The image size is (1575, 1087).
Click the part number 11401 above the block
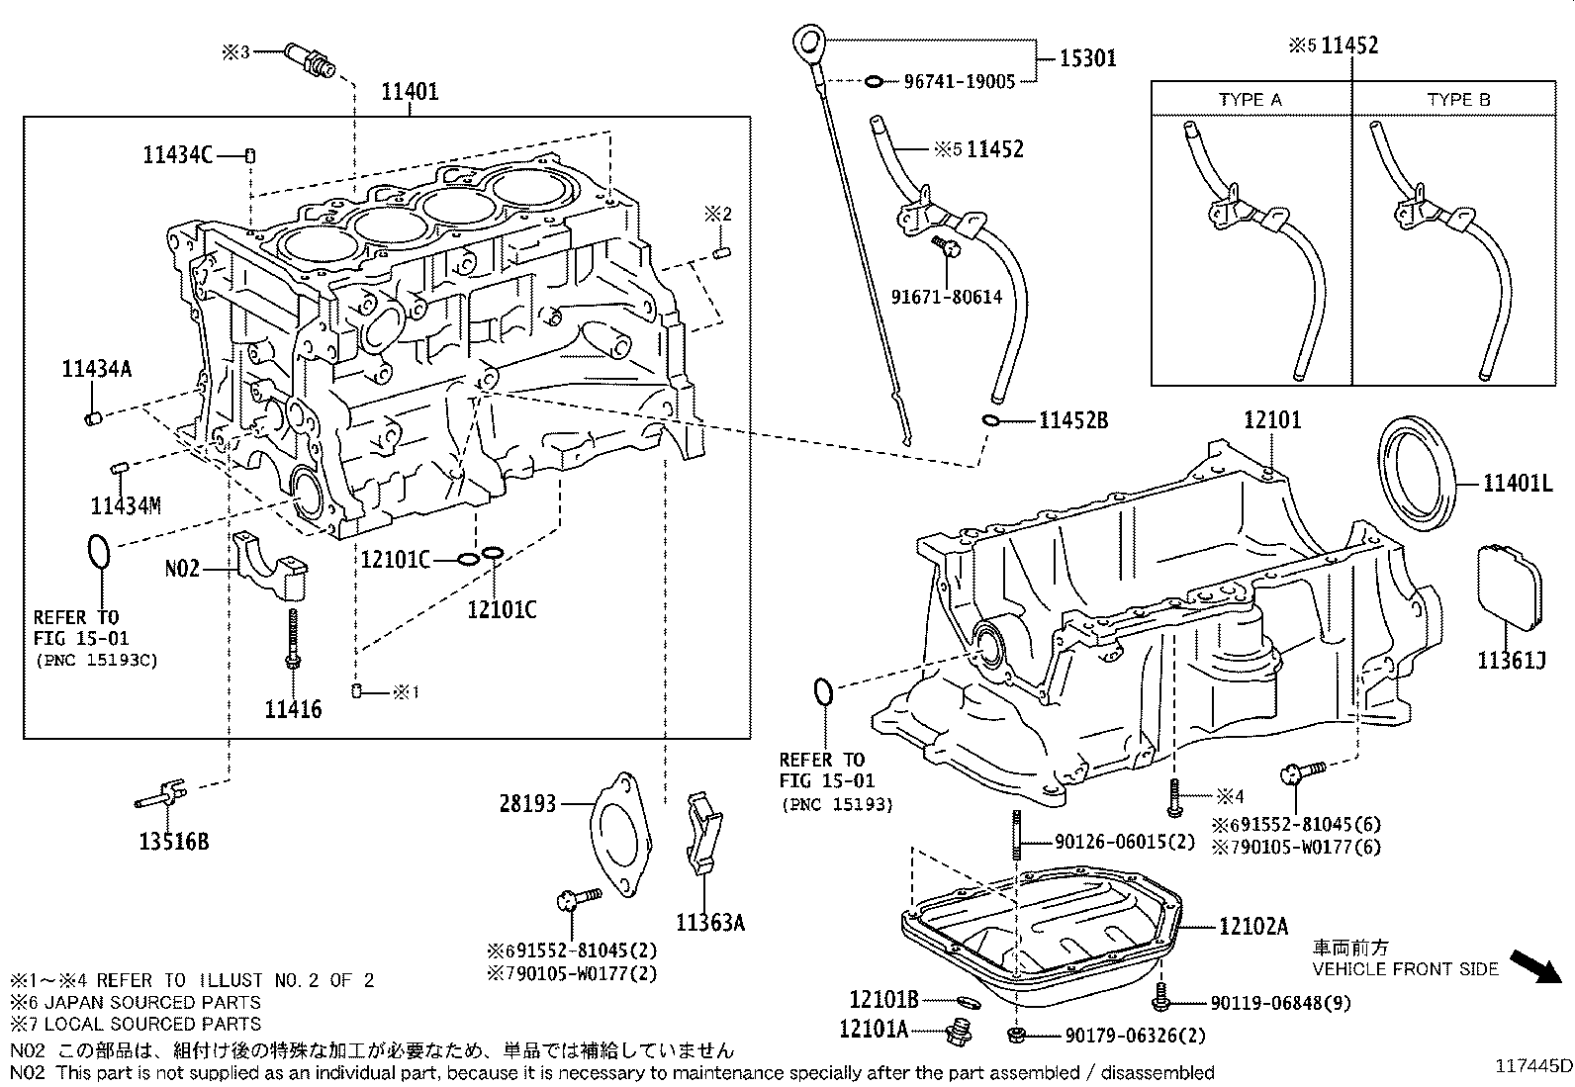(x=410, y=92)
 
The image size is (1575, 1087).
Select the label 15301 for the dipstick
(x=1087, y=58)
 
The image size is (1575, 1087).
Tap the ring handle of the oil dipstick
(x=808, y=43)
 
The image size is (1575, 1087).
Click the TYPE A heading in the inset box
(x=1250, y=100)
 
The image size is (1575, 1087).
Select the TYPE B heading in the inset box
(x=1457, y=100)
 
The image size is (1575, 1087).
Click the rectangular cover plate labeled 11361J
(x=1510, y=587)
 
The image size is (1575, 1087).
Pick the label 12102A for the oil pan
(x=1253, y=927)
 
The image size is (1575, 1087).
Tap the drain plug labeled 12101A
(x=958, y=1033)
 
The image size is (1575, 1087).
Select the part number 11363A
(x=709, y=923)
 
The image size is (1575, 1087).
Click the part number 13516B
(x=174, y=842)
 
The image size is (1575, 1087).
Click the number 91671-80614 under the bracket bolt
(x=946, y=297)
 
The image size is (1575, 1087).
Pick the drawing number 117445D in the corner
(x=1532, y=1066)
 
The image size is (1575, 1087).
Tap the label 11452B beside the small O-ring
(x=1072, y=420)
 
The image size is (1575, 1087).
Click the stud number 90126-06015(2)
(x=1124, y=842)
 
